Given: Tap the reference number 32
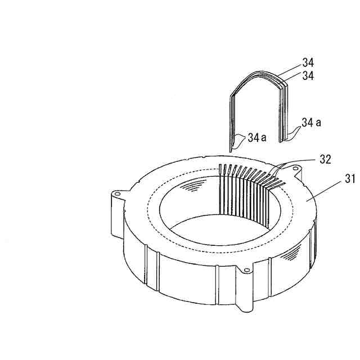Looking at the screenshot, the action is (x=326, y=159).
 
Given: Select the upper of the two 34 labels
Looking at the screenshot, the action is (x=308, y=62).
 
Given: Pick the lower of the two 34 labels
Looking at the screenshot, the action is (x=308, y=75).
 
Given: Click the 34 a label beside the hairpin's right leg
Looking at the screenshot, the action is (x=311, y=123).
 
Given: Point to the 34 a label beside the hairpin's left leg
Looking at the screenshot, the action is (x=257, y=138).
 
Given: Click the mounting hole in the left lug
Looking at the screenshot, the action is (x=118, y=193).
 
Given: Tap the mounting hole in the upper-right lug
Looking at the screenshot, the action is (x=295, y=169).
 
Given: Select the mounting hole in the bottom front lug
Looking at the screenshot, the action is (x=247, y=270).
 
